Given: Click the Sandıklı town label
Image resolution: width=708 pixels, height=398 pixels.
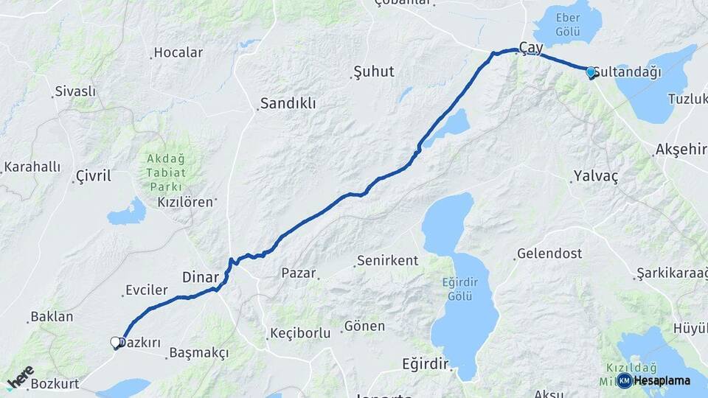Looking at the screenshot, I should click(288, 104).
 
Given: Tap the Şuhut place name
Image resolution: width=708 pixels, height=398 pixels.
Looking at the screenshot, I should click(374, 72).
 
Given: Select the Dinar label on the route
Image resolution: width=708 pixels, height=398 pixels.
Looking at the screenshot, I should click(201, 278).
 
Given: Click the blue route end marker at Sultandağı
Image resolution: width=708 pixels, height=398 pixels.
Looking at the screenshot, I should click(591, 72).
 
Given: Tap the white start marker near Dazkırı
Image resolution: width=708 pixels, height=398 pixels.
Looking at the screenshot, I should click(116, 343).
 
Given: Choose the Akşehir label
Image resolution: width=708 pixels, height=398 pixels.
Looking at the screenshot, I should click(680, 150).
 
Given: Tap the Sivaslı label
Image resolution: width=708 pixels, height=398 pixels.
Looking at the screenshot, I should click(75, 92).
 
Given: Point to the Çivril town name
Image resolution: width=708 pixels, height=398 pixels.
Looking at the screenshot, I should click(93, 176).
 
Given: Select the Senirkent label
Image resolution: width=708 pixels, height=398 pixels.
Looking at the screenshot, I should click(387, 261).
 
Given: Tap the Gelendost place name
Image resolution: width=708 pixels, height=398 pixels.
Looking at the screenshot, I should click(549, 254).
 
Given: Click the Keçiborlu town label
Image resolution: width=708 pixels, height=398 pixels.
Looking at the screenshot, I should click(300, 333).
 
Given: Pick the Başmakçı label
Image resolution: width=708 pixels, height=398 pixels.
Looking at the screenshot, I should click(199, 353).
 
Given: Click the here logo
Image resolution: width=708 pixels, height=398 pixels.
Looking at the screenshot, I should click(20, 376).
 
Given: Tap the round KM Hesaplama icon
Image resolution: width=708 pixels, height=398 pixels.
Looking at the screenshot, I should click(624, 380).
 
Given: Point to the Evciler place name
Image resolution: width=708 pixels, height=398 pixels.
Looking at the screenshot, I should click(147, 290).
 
